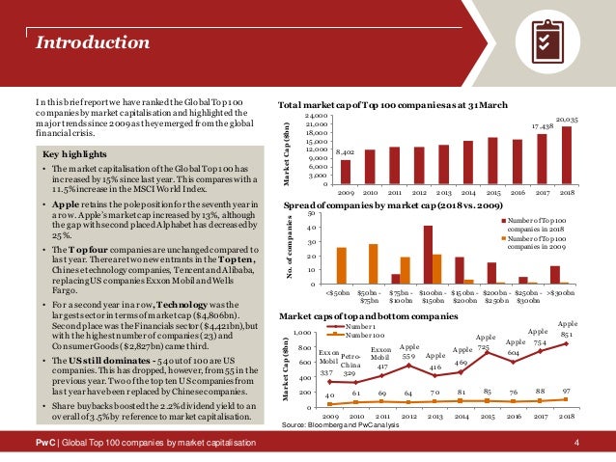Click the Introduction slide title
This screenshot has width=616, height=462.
click(x=86, y=41)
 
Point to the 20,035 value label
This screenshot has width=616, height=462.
click(x=566, y=119)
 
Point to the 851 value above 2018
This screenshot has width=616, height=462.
click(x=566, y=335)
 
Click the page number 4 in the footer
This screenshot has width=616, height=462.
click(x=576, y=442)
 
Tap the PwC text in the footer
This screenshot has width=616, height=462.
click(x=44, y=442)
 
